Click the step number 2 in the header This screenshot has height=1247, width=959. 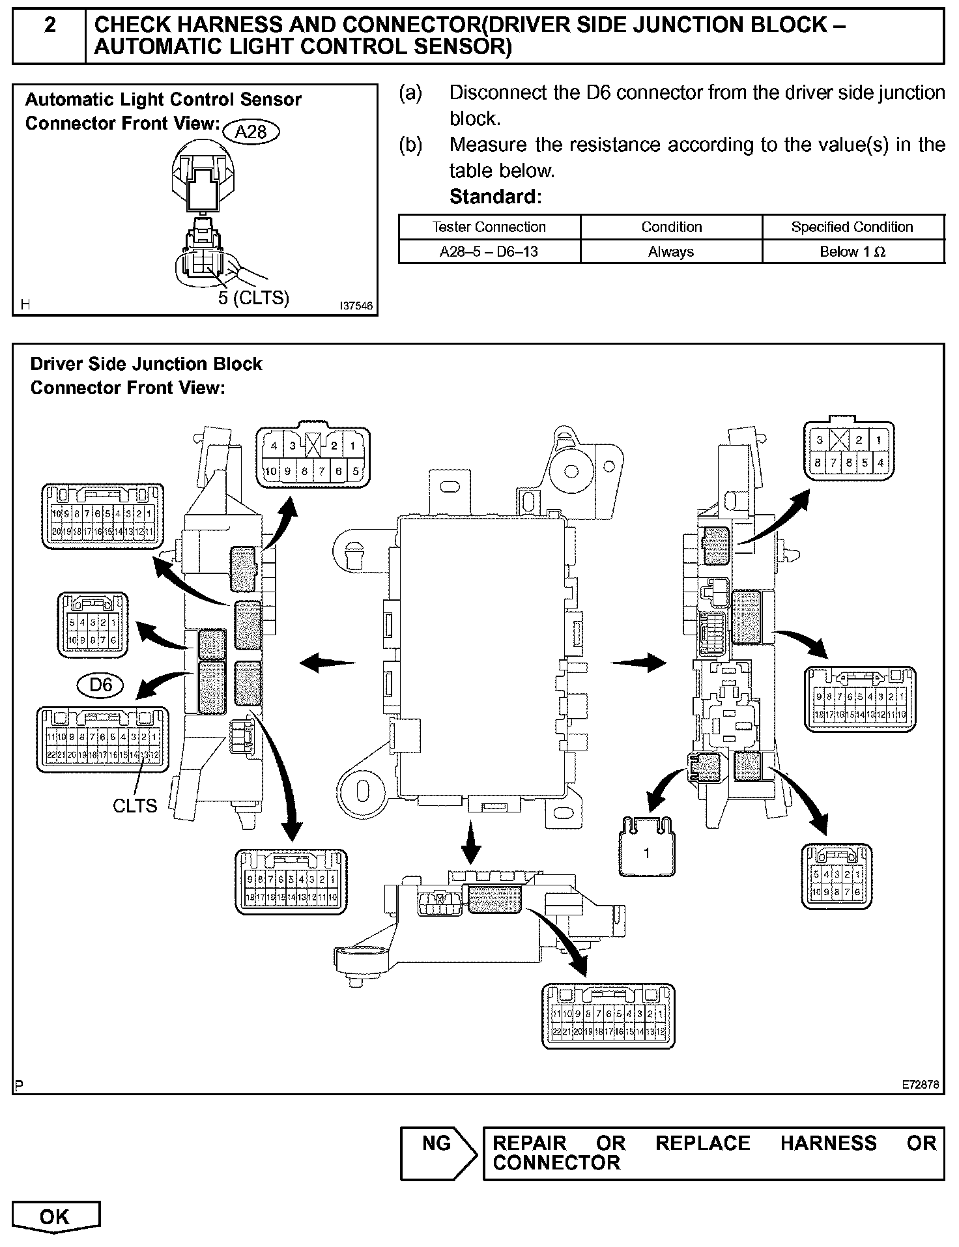[50, 25]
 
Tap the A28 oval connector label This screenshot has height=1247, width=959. [251, 132]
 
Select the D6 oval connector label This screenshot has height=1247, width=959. [100, 685]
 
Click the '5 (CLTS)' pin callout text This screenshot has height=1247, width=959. [253, 298]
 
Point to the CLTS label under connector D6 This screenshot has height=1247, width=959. [135, 806]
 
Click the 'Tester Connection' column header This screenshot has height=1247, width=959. [489, 227]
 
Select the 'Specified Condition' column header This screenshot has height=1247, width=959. [852, 227]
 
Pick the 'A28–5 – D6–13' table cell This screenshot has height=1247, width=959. [489, 251]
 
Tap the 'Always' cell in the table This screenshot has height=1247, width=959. [671, 251]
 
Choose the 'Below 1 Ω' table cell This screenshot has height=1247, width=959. [852, 251]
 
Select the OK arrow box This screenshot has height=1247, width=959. [55, 1217]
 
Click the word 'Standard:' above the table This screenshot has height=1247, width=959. [495, 196]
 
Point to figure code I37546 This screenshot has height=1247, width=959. [356, 305]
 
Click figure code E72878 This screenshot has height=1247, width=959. [921, 1085]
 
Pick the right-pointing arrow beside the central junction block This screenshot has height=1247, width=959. [638, 663]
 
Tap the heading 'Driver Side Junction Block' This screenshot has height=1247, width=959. [146, 364]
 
